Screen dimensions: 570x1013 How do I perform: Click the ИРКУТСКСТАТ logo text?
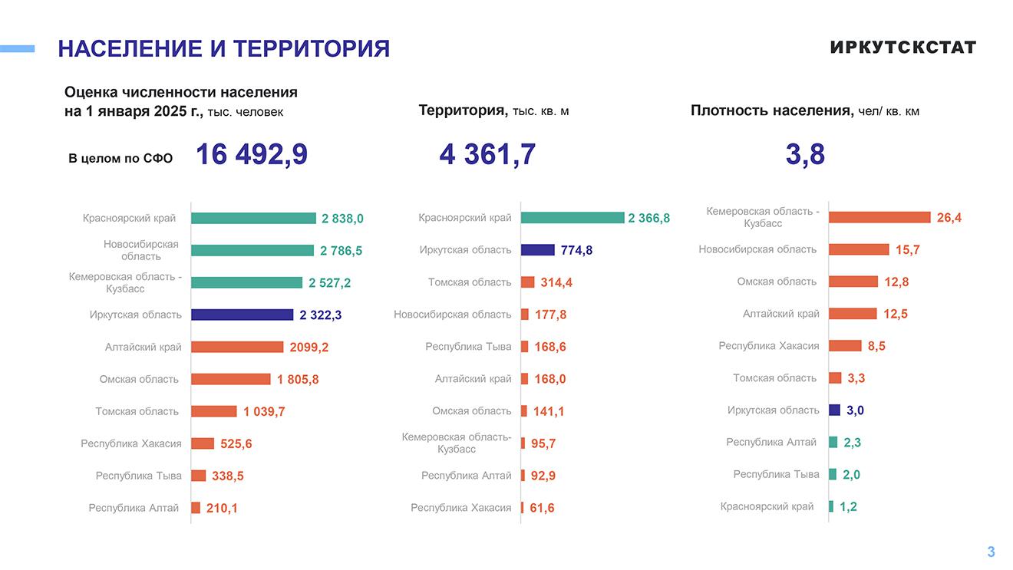(902, 48)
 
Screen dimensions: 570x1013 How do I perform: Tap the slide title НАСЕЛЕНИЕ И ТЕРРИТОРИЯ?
(223, 49)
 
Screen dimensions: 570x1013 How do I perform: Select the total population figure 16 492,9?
(252, 154)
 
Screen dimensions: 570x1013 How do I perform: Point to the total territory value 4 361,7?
(487, 154)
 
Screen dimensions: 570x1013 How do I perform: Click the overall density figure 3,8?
(805, 154)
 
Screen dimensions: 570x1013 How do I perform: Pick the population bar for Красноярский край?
(253, 219)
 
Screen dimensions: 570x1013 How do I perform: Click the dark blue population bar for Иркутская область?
(242, 315)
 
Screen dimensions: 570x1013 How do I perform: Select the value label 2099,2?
(309, 348)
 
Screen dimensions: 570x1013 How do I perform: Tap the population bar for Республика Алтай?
(196, 508)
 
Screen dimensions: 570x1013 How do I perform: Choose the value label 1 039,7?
(264, 412)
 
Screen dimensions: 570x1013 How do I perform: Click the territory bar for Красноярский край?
(572, 218)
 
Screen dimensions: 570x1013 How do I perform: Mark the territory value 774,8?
(576, 250)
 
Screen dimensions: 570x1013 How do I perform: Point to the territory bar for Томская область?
(528, 282)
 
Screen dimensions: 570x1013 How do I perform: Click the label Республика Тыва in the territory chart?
(468, 347)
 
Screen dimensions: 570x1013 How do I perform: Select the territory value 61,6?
(542, 508)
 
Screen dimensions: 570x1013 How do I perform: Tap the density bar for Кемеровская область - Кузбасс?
(879, 218)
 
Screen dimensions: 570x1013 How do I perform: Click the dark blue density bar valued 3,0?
(834, 410)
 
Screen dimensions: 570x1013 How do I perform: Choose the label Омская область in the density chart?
(777, 282)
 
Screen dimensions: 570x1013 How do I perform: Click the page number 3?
(991, 552)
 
